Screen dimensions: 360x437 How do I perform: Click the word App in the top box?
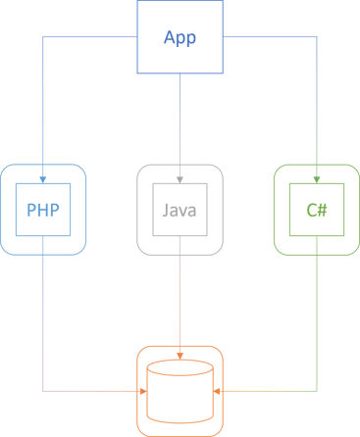(x=180, y=40)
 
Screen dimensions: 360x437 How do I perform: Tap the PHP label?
(x=44, y=210)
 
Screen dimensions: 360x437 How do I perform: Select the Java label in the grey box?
(x=180, y=210)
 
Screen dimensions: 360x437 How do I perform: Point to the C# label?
(x=316, y=210)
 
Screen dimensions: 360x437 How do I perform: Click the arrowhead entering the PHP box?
(x=44, y=179)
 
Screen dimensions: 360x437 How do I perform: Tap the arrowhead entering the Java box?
(x=180, y=179)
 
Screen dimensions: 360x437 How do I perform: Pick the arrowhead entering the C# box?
(x=316, y=179)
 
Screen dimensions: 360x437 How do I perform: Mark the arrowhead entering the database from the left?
(x=143, y=391)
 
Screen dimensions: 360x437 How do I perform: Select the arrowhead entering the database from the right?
(x=219, y=391)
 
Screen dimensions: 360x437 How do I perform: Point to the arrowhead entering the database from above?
(x=180, y=354)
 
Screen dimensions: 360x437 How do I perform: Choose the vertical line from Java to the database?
(x=180, y=294)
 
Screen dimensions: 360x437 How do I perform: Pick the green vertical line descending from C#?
(x=316, y=314)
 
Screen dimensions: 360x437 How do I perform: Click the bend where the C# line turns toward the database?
(x=316, y=391)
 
